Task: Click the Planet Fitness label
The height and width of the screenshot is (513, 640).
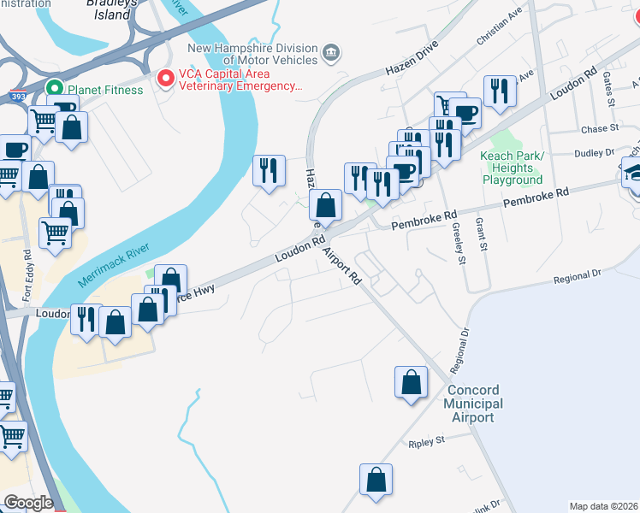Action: click(x=98, y=88)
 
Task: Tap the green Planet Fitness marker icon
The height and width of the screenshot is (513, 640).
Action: click(x=54, y=88)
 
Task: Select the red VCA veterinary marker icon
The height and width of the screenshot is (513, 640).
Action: click(x=165, y=79)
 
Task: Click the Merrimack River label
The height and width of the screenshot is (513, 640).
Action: click(x=114, y=265)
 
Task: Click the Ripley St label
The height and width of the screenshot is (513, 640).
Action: click(x=428, y=442)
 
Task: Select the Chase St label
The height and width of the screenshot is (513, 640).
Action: click(x=599, y=129)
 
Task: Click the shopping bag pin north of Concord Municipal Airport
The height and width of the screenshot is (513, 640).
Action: click(x=411, y=382)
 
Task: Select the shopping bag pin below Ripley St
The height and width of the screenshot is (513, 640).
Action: click(x=376, y=481)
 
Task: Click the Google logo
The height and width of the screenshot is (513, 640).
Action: click(x=28, y=503)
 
